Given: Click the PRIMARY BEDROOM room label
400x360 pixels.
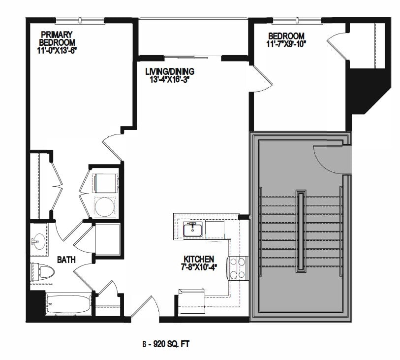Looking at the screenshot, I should click(57, 38).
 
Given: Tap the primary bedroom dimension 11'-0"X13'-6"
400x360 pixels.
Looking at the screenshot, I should click(57, 50).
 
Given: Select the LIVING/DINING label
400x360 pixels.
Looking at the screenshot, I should click(169, 71).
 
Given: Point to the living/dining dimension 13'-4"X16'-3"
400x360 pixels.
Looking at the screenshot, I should click(169, 78).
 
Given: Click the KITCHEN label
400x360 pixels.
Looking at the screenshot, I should click(198, 259).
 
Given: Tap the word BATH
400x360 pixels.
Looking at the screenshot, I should click(65, 260).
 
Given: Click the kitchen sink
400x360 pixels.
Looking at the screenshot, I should click(192, 229).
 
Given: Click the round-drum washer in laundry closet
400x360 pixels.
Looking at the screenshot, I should click(104, 206).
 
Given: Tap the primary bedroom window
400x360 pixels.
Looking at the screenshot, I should click(80, 20).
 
